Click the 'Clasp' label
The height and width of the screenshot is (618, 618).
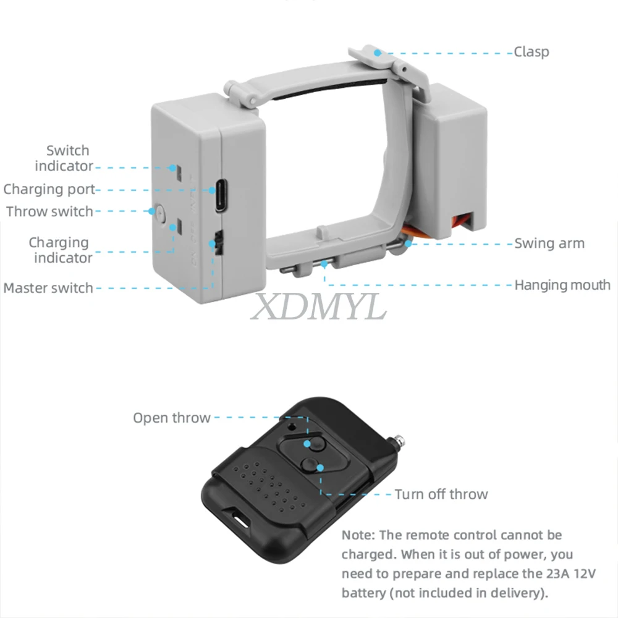tap(531, 52)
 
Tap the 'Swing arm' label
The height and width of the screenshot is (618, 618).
tap(549, 243)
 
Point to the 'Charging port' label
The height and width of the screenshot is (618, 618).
tap(49, 189)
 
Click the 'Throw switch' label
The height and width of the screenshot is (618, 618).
tap(49, 211)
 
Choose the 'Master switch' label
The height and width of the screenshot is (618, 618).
tap(48, 288)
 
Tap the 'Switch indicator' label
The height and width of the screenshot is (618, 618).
tap(65, 158)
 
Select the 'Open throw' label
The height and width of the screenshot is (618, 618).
tap(172, 418)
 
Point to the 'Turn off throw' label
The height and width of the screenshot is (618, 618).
tap(441, 494)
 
